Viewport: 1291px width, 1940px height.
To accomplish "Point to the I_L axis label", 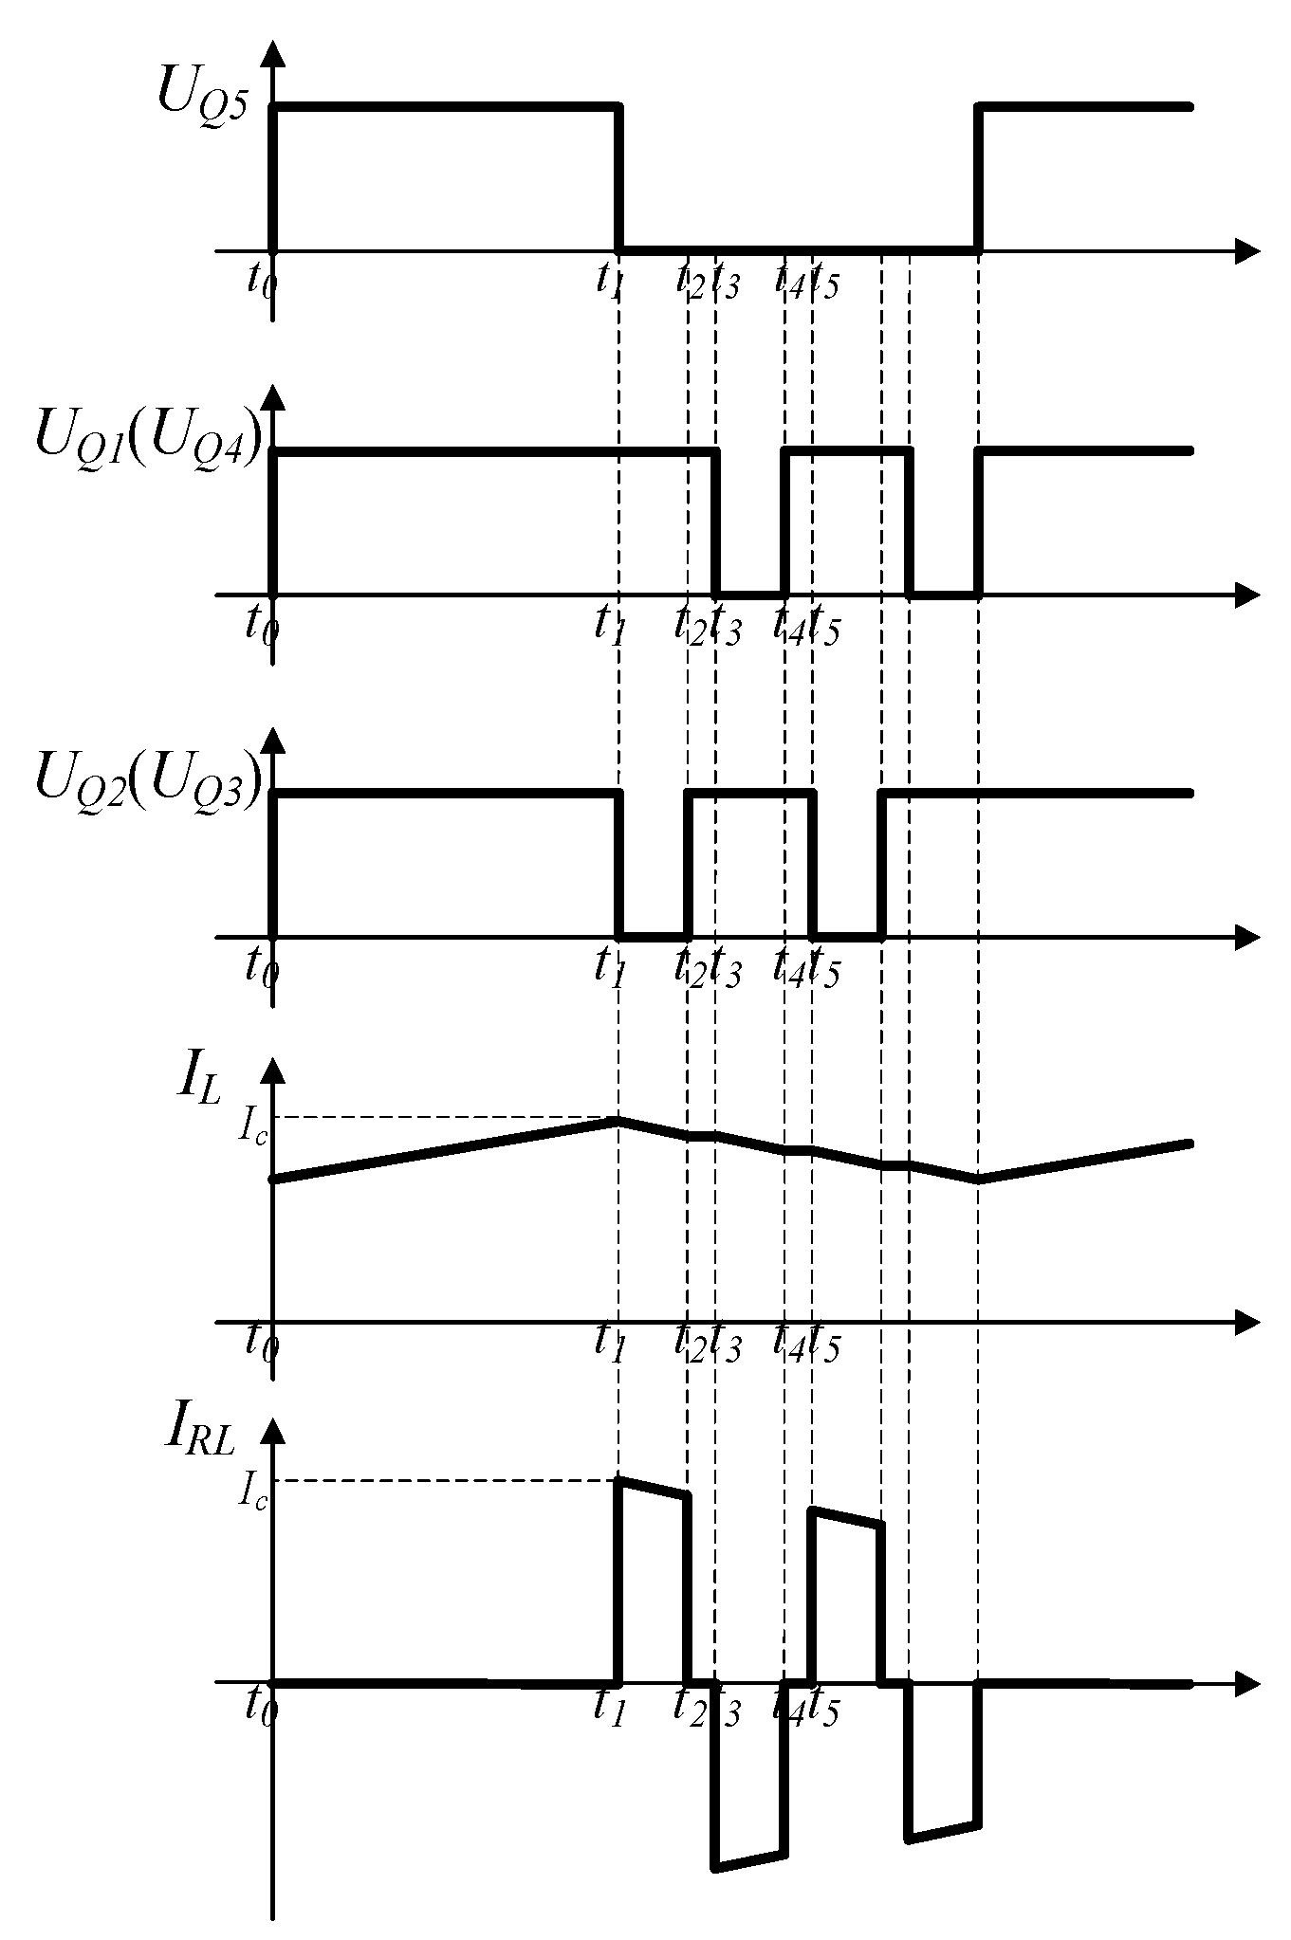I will coord(197,1083).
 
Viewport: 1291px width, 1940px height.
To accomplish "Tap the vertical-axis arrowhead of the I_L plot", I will coord(273,1072).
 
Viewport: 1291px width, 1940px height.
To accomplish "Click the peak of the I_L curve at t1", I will coord(618,1120).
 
